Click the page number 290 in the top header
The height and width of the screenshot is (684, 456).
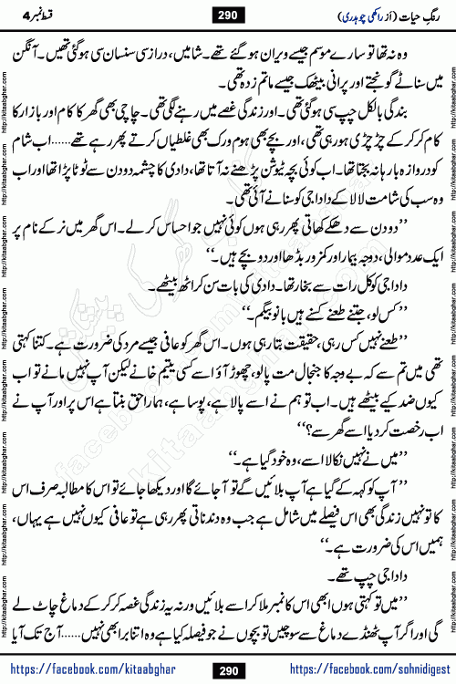click(228, 16)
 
